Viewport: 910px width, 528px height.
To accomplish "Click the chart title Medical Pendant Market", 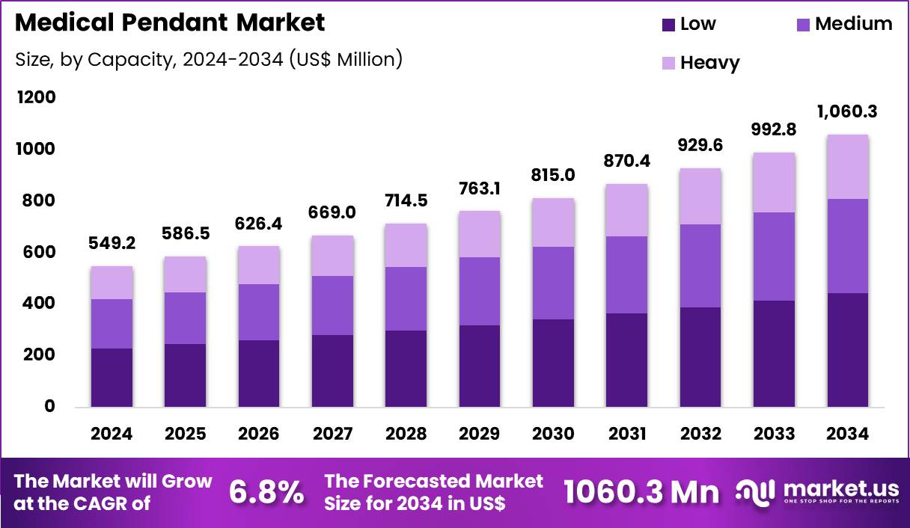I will pos(170,23).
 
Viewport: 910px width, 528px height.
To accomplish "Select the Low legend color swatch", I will pos(668,25).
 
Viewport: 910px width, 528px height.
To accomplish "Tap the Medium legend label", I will pos(853,24).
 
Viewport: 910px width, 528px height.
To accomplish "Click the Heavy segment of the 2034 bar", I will pos(848,167).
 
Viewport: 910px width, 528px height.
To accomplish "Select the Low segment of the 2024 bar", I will pos(112,377).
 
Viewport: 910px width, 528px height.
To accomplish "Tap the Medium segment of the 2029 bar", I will pos(480,291).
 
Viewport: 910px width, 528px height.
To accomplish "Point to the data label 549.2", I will pos(112,243).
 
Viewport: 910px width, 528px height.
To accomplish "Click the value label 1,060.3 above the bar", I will pos(848,112).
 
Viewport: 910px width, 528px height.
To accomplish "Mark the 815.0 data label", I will pos(554,175).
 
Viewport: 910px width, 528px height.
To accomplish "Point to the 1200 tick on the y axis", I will pos(35,98).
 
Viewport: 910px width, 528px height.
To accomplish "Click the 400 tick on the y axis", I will pos(38,304).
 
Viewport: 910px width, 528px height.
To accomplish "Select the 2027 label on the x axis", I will pos(332,435).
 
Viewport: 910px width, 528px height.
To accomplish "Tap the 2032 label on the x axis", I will pos(700,435).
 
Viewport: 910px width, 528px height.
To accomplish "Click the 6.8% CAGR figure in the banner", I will pos(266,492).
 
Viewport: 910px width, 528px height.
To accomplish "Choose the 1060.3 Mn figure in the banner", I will pos(641,492).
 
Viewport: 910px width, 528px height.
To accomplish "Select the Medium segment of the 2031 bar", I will pos(626,274).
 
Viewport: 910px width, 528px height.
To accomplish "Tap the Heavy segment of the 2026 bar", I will pos(259,265).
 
